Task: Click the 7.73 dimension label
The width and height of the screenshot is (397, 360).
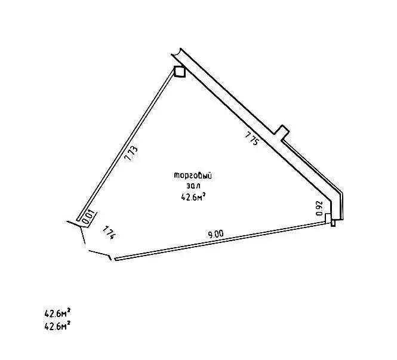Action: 132,153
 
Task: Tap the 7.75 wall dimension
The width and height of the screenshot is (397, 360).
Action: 252,139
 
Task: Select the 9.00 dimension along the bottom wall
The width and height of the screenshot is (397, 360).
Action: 216,234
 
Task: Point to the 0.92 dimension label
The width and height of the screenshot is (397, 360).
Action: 319,208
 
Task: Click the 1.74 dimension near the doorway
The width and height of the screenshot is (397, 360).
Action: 109,233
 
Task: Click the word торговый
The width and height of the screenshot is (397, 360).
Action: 193,176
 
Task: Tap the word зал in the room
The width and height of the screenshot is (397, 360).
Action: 193,186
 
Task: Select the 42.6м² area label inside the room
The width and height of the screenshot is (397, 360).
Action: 193,196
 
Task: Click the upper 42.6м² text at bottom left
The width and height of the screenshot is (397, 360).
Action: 57,313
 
